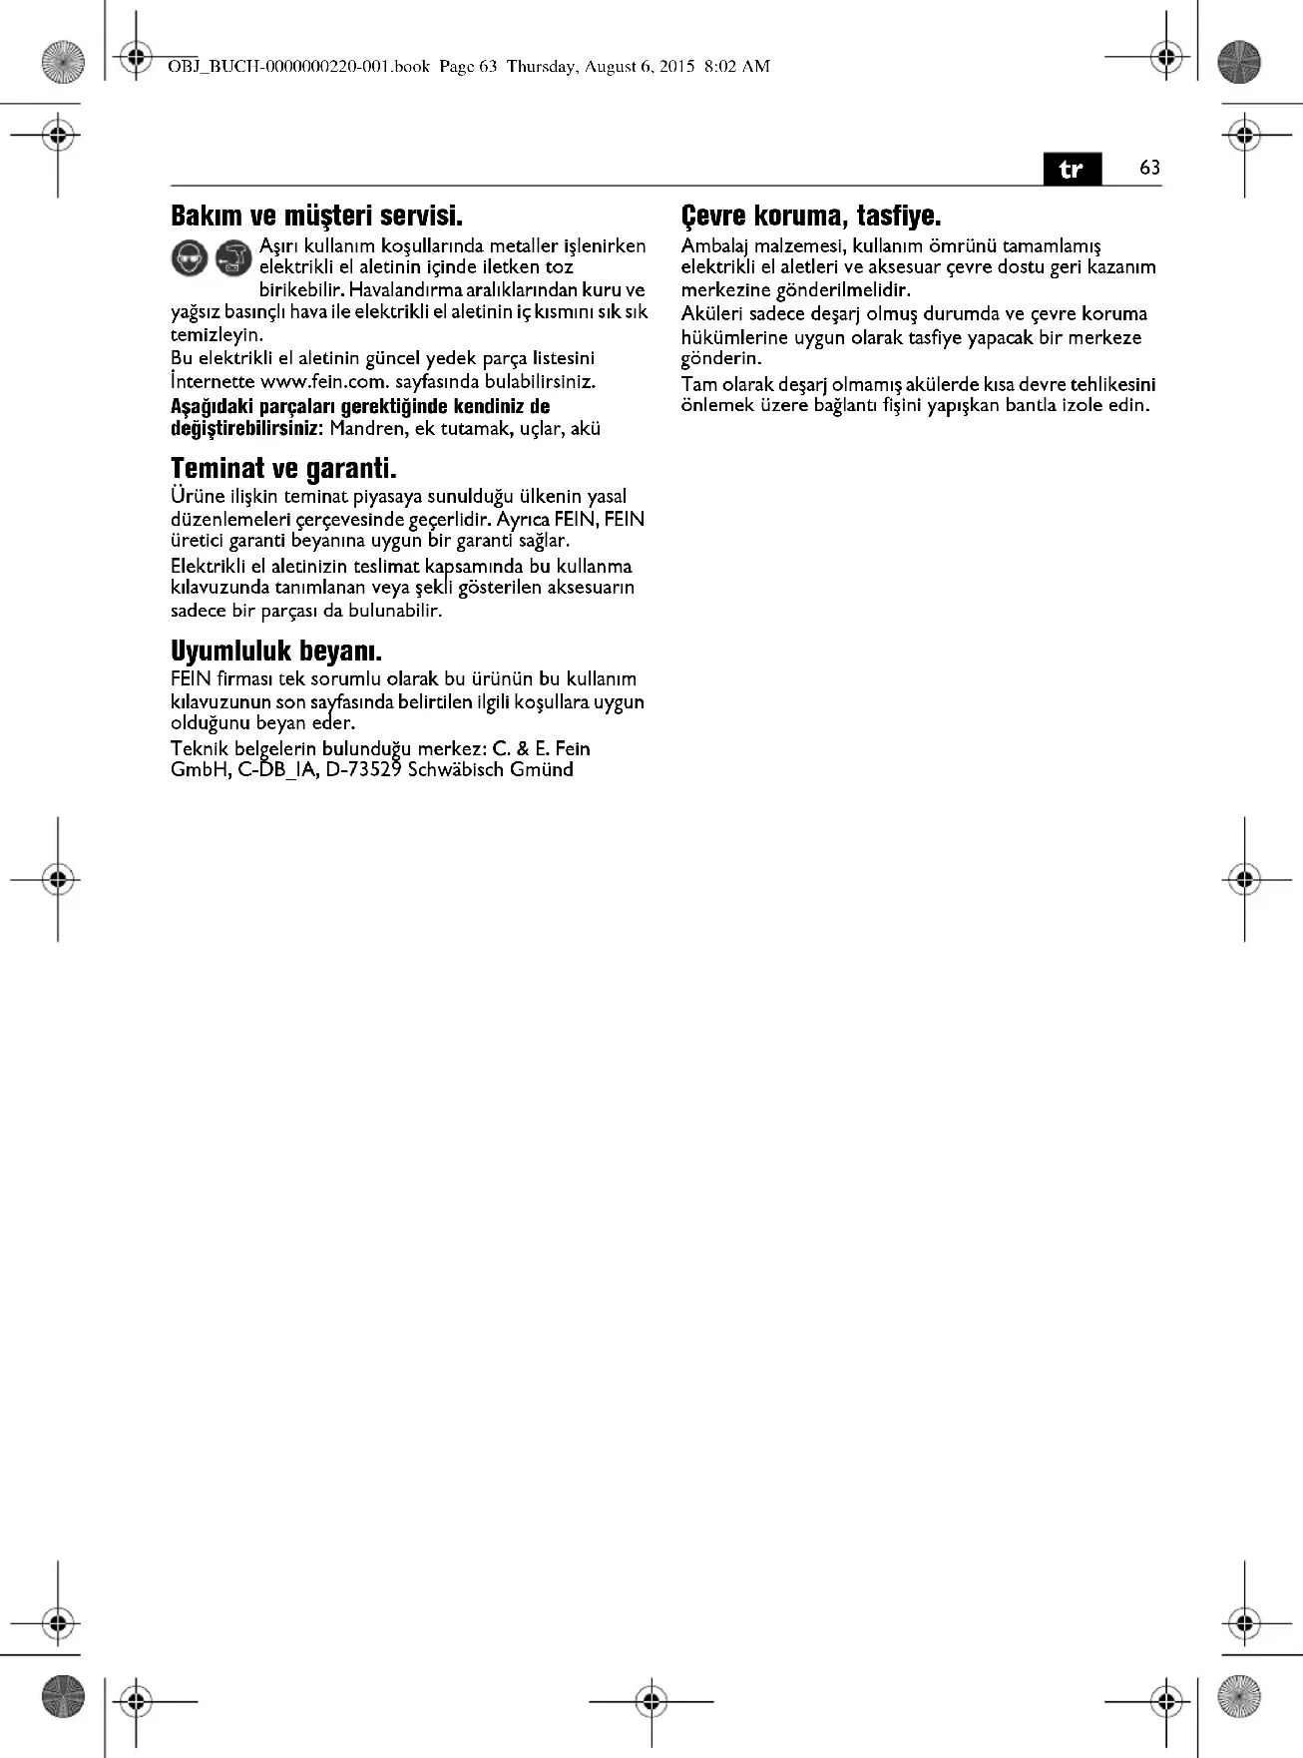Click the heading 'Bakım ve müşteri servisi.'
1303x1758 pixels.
[x=316, y=216]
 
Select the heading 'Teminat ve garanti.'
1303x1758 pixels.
[x=283, y=468]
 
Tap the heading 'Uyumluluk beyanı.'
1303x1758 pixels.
[x=276, y=652]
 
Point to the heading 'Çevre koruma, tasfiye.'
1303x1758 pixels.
[x=811, y=216]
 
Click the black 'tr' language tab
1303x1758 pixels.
[x=1072, y=169]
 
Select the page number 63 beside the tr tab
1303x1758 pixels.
[x=1149, y=168]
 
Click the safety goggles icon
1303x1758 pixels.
[x=189, y=258]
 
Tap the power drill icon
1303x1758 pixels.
[x=233, y=258]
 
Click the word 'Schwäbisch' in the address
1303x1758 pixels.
[x=456, y=769]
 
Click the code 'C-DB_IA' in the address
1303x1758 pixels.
[x=279, y=769]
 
